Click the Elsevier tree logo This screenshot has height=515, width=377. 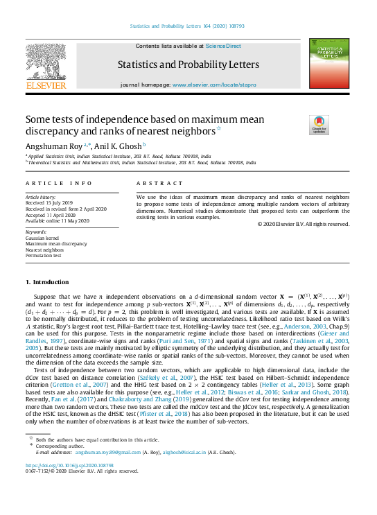[46, 60]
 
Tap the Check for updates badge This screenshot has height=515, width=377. [300, 125]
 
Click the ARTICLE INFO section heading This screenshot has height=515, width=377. [58, 183]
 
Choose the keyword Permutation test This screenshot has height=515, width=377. [43, 256]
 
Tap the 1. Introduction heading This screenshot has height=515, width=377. [47, 282]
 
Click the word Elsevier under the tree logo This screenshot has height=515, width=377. [46, 86]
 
